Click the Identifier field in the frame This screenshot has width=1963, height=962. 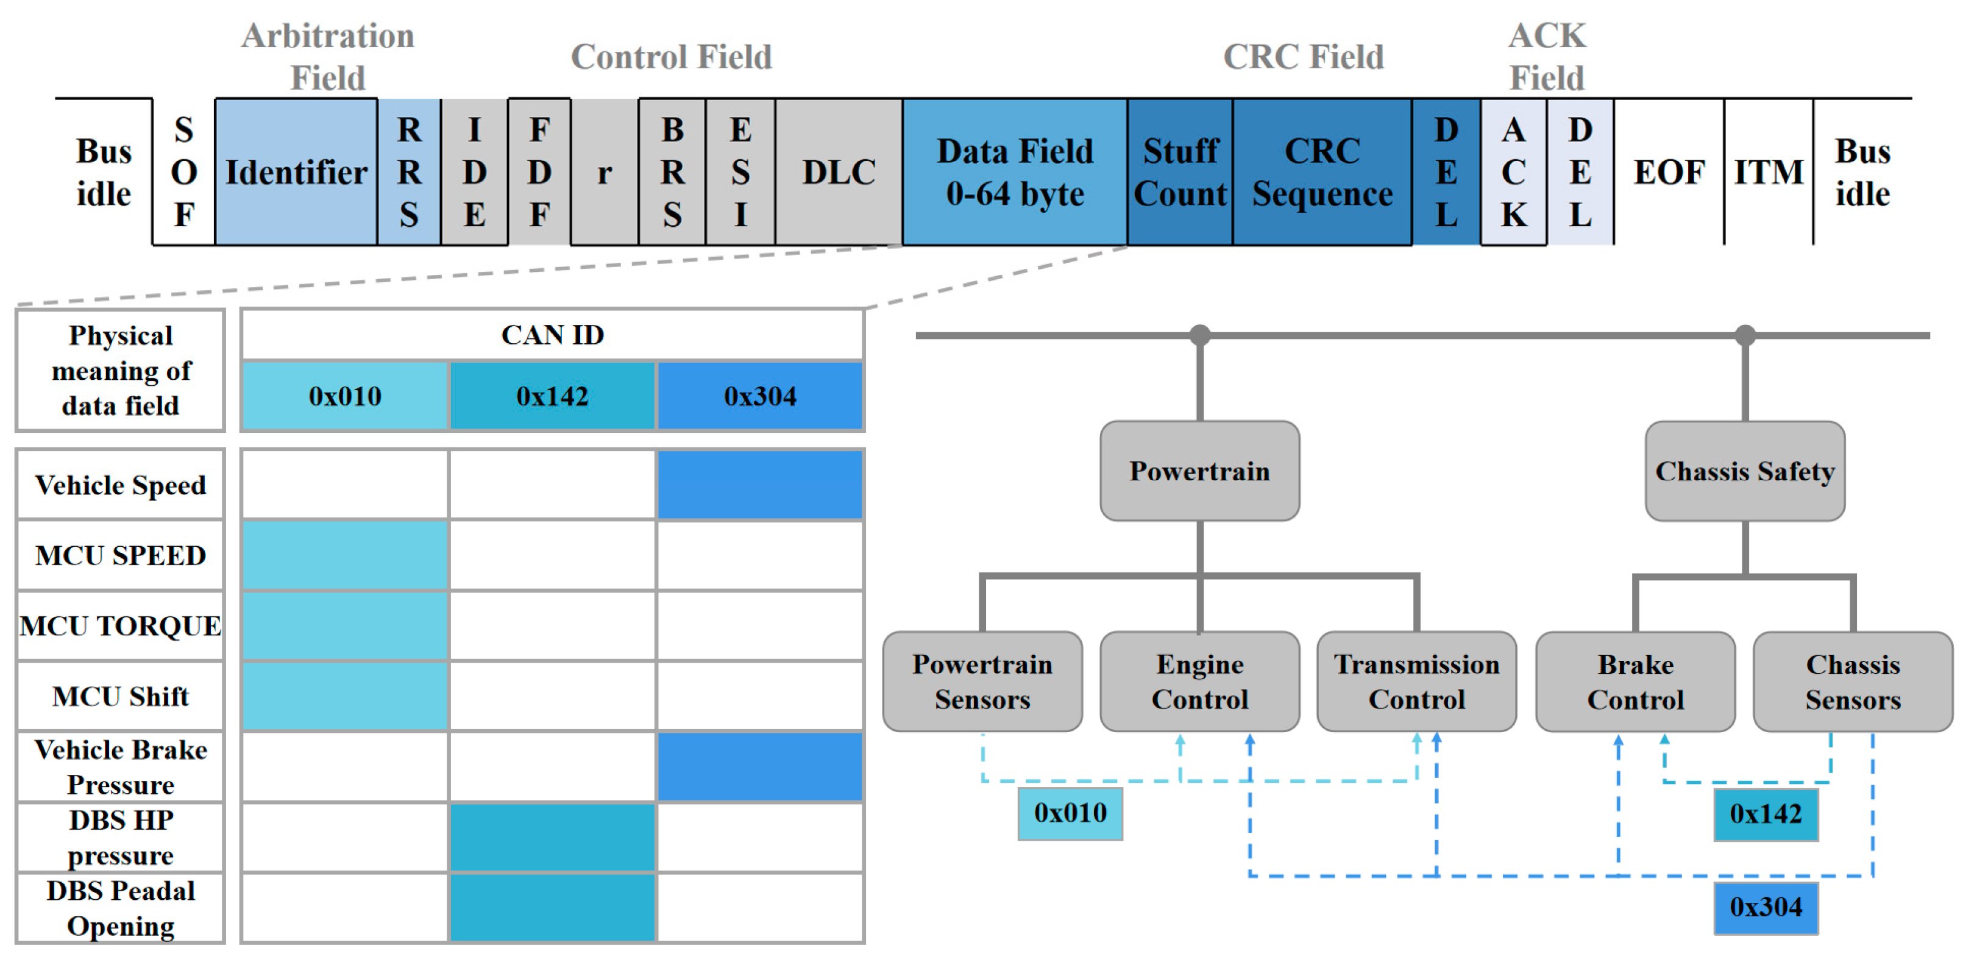point(296,173)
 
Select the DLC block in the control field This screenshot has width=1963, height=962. point(838,173)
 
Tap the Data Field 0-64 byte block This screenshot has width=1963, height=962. point(1014,173)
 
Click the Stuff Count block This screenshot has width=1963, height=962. point(1180,173)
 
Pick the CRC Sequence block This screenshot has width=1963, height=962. point(1321,173)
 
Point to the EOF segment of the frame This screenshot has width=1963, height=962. point(1668,173)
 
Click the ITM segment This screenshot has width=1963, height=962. point(1768,173)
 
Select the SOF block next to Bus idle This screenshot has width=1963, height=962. point(183,173)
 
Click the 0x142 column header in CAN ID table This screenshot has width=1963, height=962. point(553,396)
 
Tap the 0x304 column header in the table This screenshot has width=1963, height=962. point(760,396)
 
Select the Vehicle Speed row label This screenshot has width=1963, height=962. point(121,485)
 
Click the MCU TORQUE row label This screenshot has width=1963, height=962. point(121,625)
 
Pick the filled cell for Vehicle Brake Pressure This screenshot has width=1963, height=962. point(760,766)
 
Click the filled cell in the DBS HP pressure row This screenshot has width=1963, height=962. point(553,836)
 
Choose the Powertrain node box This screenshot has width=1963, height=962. point(1199,471)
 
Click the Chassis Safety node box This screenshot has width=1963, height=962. point(1744,471)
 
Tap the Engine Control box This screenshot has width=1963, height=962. point(1199,682)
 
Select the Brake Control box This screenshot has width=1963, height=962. point(1635,682)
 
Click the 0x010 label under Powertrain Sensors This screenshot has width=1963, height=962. point(1070,813)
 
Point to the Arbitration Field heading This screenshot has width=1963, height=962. point(328,57)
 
